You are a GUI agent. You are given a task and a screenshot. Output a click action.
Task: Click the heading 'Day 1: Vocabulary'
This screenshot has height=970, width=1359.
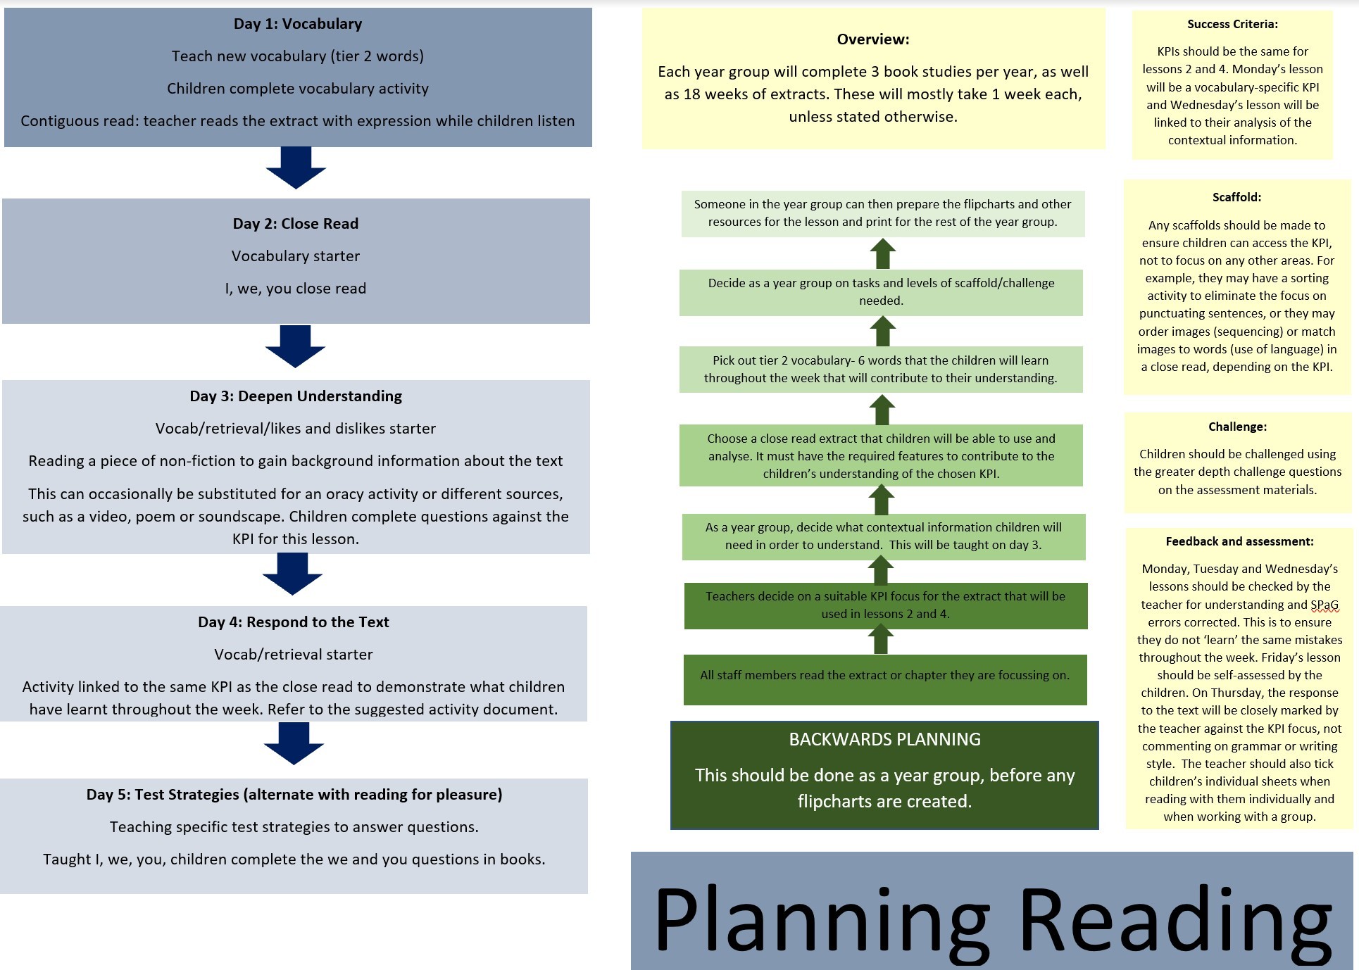click(298, 24)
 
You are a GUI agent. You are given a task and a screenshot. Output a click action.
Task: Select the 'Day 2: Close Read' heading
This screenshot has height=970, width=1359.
click(296, 224)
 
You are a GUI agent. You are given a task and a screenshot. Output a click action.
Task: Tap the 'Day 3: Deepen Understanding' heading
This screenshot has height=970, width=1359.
click(296, 396)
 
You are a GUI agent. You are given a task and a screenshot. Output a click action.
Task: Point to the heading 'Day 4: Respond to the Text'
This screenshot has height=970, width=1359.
click(294, 622)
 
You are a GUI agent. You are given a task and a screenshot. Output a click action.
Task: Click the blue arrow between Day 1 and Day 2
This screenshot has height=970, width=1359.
click(296, 168)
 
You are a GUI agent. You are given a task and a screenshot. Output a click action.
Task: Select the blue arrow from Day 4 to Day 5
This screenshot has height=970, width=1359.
click(294, 743)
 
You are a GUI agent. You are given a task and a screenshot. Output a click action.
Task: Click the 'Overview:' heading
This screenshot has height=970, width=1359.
click(873, 39)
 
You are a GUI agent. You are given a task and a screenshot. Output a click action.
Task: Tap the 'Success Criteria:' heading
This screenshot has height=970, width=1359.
click(1232, 24)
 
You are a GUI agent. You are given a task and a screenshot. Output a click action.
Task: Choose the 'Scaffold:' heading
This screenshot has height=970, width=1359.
click(1236, 197)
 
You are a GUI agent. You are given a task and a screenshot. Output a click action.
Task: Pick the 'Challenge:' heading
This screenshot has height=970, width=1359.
click(1237, 427)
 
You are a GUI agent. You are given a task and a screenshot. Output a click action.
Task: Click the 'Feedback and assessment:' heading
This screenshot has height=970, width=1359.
click(1239, 541)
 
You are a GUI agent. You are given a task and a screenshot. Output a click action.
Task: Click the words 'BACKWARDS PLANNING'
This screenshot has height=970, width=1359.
click(884, 739)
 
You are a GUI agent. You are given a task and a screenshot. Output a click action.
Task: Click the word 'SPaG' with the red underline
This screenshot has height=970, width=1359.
click(1324, 605)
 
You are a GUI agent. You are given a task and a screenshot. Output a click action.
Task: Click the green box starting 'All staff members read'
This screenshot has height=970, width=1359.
click(885, 679)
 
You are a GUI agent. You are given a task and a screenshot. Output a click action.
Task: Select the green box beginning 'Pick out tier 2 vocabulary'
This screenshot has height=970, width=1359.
click(881, 370)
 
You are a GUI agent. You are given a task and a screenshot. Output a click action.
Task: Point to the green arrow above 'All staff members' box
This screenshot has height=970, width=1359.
click(881, 639)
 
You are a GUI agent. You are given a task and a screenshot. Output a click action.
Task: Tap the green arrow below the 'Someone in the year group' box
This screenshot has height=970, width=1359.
click(882, 253)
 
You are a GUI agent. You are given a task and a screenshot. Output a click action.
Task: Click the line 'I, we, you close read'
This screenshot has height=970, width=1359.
click(296, 289)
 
